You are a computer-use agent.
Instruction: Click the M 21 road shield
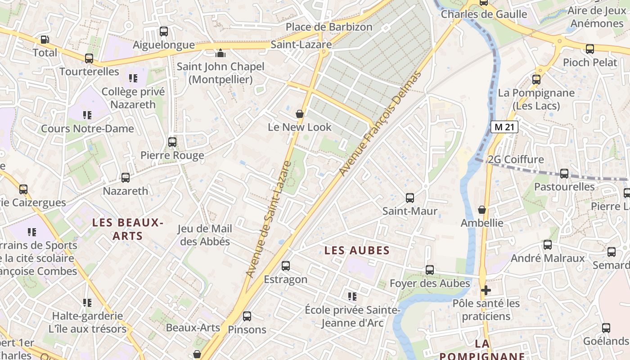pyautogui.click(x=504, y=127)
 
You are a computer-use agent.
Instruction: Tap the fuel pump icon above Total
pyautogui.click(x=45, y=40)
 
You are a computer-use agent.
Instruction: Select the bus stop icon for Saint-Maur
pyautogui.click(x=410, y=198)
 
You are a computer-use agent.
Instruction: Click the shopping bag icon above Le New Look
pyautogui.click(x=300, y=114)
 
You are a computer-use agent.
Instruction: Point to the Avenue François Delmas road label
pyautogui.click(x=380, y=123)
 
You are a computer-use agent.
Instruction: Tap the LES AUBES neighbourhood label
pyautogui.click(x=357, y=251)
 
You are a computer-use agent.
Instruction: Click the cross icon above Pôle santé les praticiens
pyautogui.click(x=486, y=290)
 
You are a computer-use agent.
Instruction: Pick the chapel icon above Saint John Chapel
pyautogui.click(x=220, y=54)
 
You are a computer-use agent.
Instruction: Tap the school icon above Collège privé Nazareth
pyautogui.click(x=133, y=78)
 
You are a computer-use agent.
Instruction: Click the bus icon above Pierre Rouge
pyautogui.click(x=172, y=142)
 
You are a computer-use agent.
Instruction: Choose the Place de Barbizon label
pyautogui.click(x=329, y=27)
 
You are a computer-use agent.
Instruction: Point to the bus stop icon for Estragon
pyautogui.click(x=286, y=266)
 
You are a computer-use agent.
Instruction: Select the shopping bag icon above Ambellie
pyautogui.click(x=482, y=210)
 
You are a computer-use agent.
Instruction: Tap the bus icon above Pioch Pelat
pyautogui.click(x=590, y=49)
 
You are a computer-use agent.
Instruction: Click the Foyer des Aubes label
pyautogui.click(x=430, y=283)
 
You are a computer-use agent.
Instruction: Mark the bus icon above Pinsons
pyautogui.click(x=247, y=316)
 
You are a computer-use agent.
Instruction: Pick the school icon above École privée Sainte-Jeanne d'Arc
pyautogui.click(x=352, y=297)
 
